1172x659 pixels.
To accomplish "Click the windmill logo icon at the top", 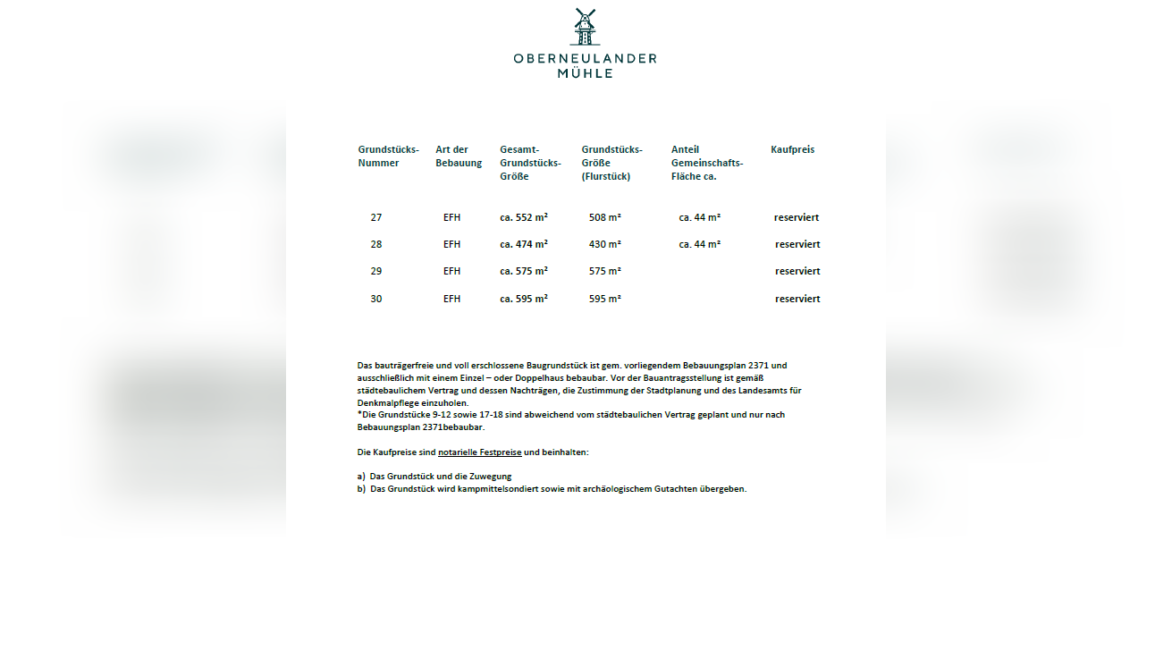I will (585, 27).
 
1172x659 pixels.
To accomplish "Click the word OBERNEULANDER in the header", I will (585, 58).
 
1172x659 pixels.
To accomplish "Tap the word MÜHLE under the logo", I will (586, 73).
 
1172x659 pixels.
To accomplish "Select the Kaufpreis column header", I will (792, 149).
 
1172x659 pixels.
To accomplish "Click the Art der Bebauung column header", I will (459, 156).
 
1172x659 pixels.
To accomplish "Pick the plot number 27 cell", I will (376, 217).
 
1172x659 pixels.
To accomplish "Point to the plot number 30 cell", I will (376, 299).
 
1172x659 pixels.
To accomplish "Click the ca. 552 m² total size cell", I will (524, 217).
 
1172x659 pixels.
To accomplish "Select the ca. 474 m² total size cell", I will (524, 244).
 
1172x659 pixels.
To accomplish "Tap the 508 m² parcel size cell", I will (605, 217).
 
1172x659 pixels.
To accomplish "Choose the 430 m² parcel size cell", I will (605, 244).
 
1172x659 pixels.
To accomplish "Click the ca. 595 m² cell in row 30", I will (524, 299).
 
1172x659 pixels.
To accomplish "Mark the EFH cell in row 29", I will (452, 271).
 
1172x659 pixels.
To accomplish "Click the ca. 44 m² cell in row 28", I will (700, 244).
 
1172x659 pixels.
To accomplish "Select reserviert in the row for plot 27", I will (797, 217).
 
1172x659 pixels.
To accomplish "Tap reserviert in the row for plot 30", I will (797, 299).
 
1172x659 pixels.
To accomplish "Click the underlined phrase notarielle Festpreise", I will (479, 452).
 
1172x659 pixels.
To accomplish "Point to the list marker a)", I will (362, 477).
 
